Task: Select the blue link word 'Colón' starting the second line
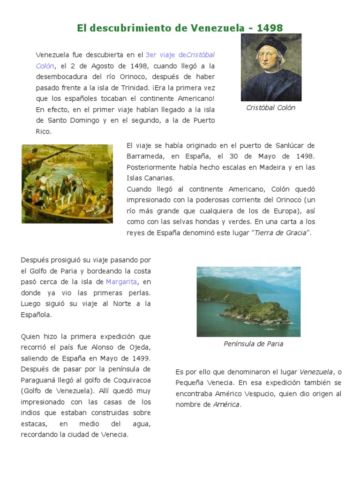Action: click(x=45, y=66)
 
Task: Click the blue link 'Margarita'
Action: click(x=121, y=282)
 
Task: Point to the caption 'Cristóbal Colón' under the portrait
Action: click(x=271, y=108)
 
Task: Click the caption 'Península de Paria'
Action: click(x=253, y=344)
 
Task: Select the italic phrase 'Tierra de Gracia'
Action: click(x=280, y=232)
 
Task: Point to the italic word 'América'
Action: click(x=226, y=405)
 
